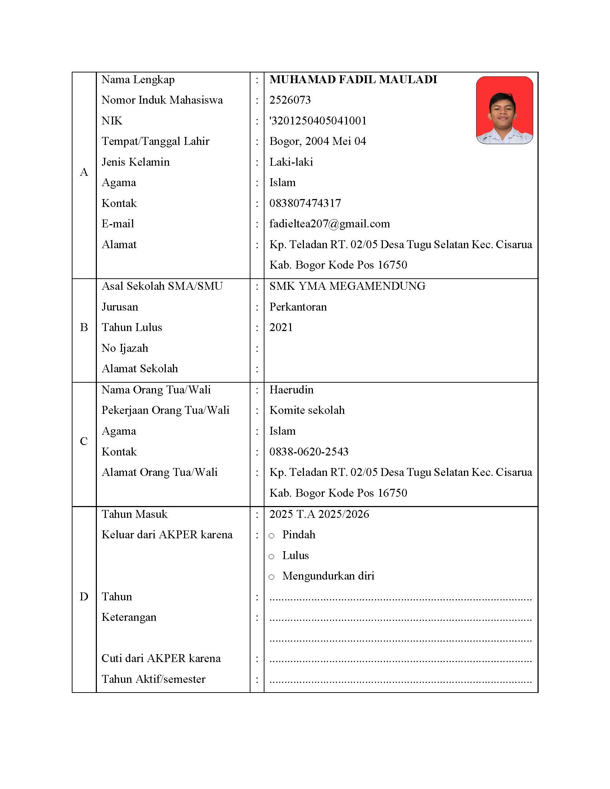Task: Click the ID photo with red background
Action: (504, 110)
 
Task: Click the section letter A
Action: (84, 172)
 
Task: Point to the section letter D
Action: (84, 596)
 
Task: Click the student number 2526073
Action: (290, 100)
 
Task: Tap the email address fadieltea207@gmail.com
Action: (329, 224)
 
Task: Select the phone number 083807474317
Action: (305, 203)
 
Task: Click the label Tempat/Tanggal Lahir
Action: (155, 141)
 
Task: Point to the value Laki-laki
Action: (291, 162)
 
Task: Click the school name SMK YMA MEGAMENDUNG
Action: (347, 286)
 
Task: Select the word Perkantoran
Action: (298, 307)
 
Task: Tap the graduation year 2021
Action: (281, 327)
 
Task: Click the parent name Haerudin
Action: (291, 390)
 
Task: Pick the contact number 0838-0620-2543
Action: (309, 452)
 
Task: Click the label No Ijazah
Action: (125, 348)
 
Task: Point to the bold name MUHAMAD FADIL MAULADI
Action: (353, 80)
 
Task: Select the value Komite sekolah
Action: (307, 410)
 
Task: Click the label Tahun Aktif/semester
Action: (153, 679)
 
